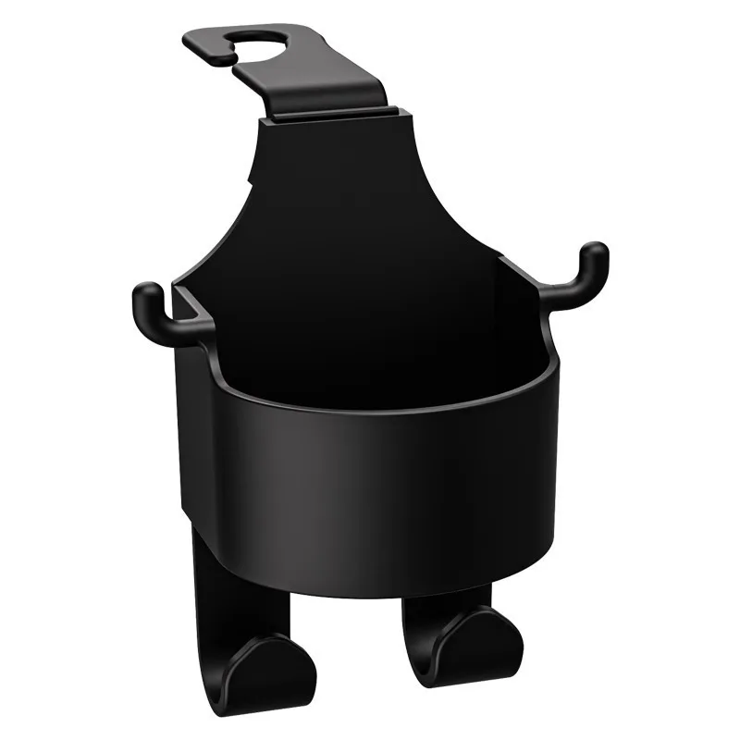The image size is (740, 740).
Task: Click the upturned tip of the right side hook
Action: coord(593,253)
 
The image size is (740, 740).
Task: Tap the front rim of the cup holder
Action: coord(370,408)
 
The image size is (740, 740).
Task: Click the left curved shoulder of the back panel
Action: coord(231,213)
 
